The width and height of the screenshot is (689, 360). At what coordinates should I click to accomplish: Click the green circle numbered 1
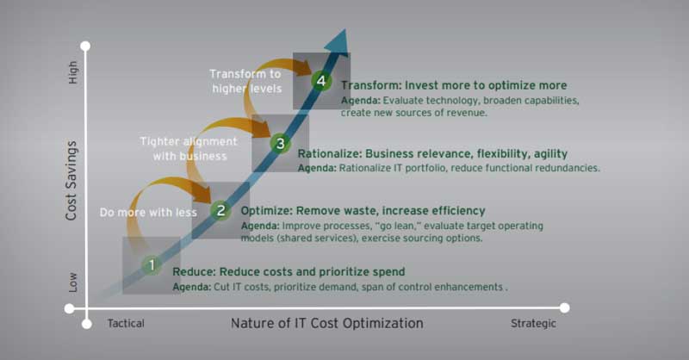click(x=151, y=265)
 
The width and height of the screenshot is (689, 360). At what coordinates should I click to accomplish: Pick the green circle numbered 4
click(x=321, y=81)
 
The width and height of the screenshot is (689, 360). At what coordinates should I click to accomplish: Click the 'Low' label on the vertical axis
click(x=72, y=282)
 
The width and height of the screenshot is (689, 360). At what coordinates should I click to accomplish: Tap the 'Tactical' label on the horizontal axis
click(x=126, y=324)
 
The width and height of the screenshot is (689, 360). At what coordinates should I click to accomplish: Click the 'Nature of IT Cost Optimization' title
click(x=326, y=324)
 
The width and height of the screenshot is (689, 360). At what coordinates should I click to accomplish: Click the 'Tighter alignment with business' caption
click(x=183, y=148)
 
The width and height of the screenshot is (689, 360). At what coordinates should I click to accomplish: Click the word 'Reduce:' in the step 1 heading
click(x=193, y=272)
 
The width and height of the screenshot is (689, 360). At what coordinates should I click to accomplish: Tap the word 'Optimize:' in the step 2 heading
click(x=267, y=211)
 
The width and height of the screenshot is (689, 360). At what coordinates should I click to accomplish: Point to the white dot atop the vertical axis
click(x=85, y=45)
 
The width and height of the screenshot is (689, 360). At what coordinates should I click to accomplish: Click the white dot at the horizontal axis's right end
click(x=565, y=307)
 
